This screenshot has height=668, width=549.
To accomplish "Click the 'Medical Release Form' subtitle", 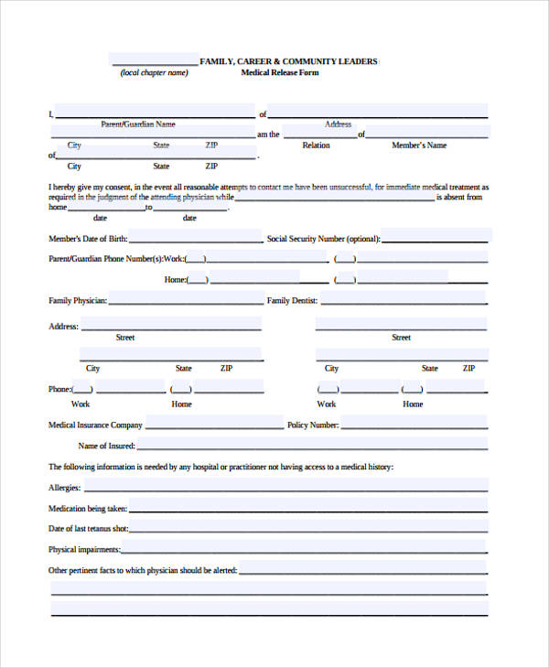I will (x=280, y=73).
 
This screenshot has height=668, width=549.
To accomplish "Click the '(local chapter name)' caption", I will (x=154, y=73).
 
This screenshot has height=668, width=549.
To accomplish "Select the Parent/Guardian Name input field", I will (x=155, y=112).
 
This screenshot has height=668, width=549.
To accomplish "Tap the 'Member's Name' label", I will (x=419, y=145).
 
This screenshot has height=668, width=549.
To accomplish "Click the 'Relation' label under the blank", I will (x=317, y=145).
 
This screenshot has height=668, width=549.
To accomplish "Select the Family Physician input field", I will (x=186, y=298).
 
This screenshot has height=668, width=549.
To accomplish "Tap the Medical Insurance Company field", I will (x=214, y=423).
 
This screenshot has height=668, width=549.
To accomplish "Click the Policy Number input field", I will (x=414, y=423).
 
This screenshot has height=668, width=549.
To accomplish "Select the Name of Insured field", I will (x=312, y=445).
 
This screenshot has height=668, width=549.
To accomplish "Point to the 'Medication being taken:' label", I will (x=88, y=508).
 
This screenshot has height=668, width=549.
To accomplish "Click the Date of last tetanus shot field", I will (x=308, y=528).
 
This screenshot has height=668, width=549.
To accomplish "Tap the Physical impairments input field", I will (x=304, y=549).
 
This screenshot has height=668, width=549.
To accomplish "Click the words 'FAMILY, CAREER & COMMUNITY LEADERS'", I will (x=288, y=61).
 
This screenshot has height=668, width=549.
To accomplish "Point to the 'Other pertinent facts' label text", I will (x=143, y=570).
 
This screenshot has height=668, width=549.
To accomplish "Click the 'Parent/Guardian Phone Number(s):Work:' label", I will (x=116, y=259).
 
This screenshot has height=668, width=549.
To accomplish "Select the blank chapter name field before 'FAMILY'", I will (x=155, y=60).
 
